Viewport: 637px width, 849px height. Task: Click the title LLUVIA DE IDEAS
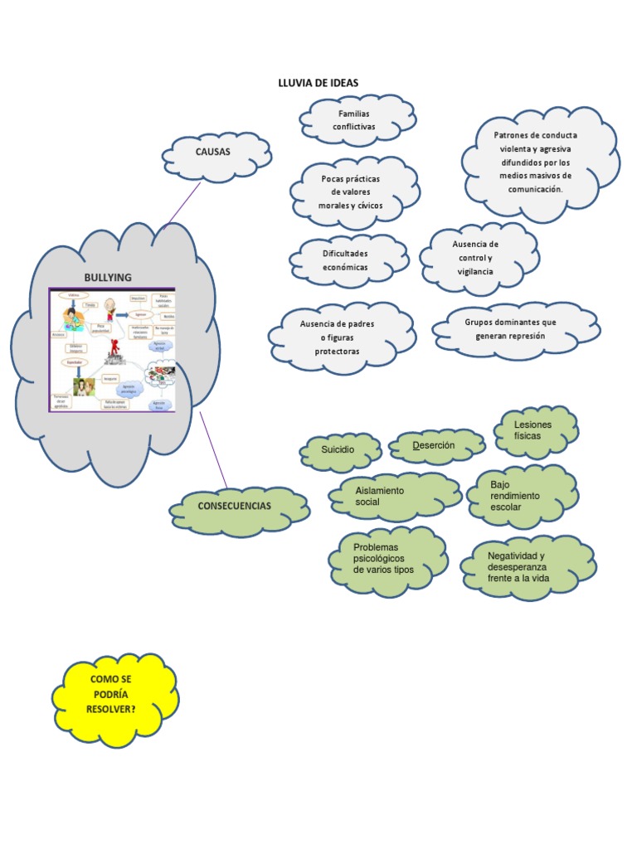[x=318, y=82]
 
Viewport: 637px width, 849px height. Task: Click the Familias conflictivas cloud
[x=356, y=120]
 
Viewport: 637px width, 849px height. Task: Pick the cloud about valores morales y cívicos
[x=353, y=192]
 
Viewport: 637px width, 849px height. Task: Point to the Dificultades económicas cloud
[x=347, y=260]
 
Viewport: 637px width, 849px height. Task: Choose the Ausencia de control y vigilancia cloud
[x=477, y=258]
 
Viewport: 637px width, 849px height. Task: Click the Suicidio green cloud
[x=339, y=449]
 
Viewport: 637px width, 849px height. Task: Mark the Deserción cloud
[x=435, y=446]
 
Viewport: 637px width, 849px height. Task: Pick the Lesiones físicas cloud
[x=534, y=430]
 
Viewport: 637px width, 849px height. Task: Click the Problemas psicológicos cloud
[x=387, y=560]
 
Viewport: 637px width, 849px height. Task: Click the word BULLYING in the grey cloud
[x=108, y=277]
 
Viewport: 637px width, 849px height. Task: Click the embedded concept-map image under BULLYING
[x=112, y=350]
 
